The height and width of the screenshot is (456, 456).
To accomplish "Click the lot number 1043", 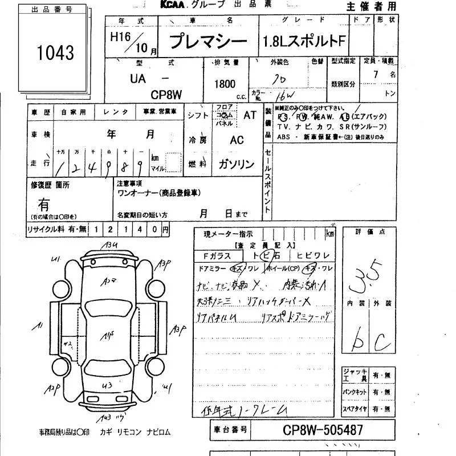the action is click(55, 53).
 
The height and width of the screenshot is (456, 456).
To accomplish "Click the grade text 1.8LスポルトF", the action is click(304, 42).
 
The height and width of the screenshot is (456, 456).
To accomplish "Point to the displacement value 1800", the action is click(225, 84).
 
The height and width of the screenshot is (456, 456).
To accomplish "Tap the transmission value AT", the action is click(250, 115).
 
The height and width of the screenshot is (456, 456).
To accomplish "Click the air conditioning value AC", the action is click(237, 140).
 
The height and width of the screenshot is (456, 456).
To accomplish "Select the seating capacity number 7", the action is click(375, 74).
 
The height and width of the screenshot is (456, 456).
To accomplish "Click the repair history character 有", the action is click(44, 203).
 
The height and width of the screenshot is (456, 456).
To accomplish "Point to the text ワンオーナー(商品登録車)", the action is click(158, 193).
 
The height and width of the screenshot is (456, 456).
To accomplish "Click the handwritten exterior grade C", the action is click(381, 341).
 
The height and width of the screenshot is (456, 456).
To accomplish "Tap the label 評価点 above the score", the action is click(370, 233).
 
